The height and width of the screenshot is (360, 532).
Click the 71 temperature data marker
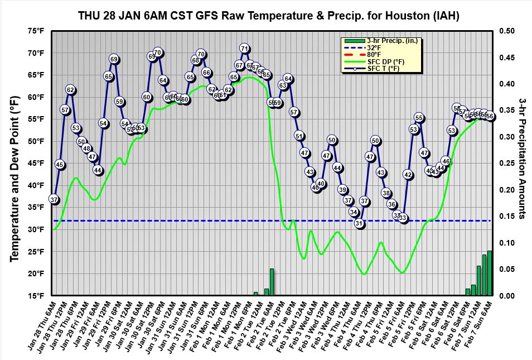click(244, 49)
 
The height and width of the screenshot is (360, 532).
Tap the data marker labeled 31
click(359, 223)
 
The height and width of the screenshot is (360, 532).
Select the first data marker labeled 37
click(54, 199)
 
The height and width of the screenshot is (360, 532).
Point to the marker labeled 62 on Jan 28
click(70, 90)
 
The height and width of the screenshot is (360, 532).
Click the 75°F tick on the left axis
click(35, 31)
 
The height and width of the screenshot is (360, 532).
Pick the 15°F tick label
click(35, 296)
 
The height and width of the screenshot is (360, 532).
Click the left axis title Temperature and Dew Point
click(15, 163)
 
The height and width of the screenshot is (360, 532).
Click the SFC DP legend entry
click(385, 61)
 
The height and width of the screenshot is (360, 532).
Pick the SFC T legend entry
click(383, 68)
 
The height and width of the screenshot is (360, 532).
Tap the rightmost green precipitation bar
click(490, 273)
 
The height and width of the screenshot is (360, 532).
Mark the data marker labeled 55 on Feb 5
click(419, 118)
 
